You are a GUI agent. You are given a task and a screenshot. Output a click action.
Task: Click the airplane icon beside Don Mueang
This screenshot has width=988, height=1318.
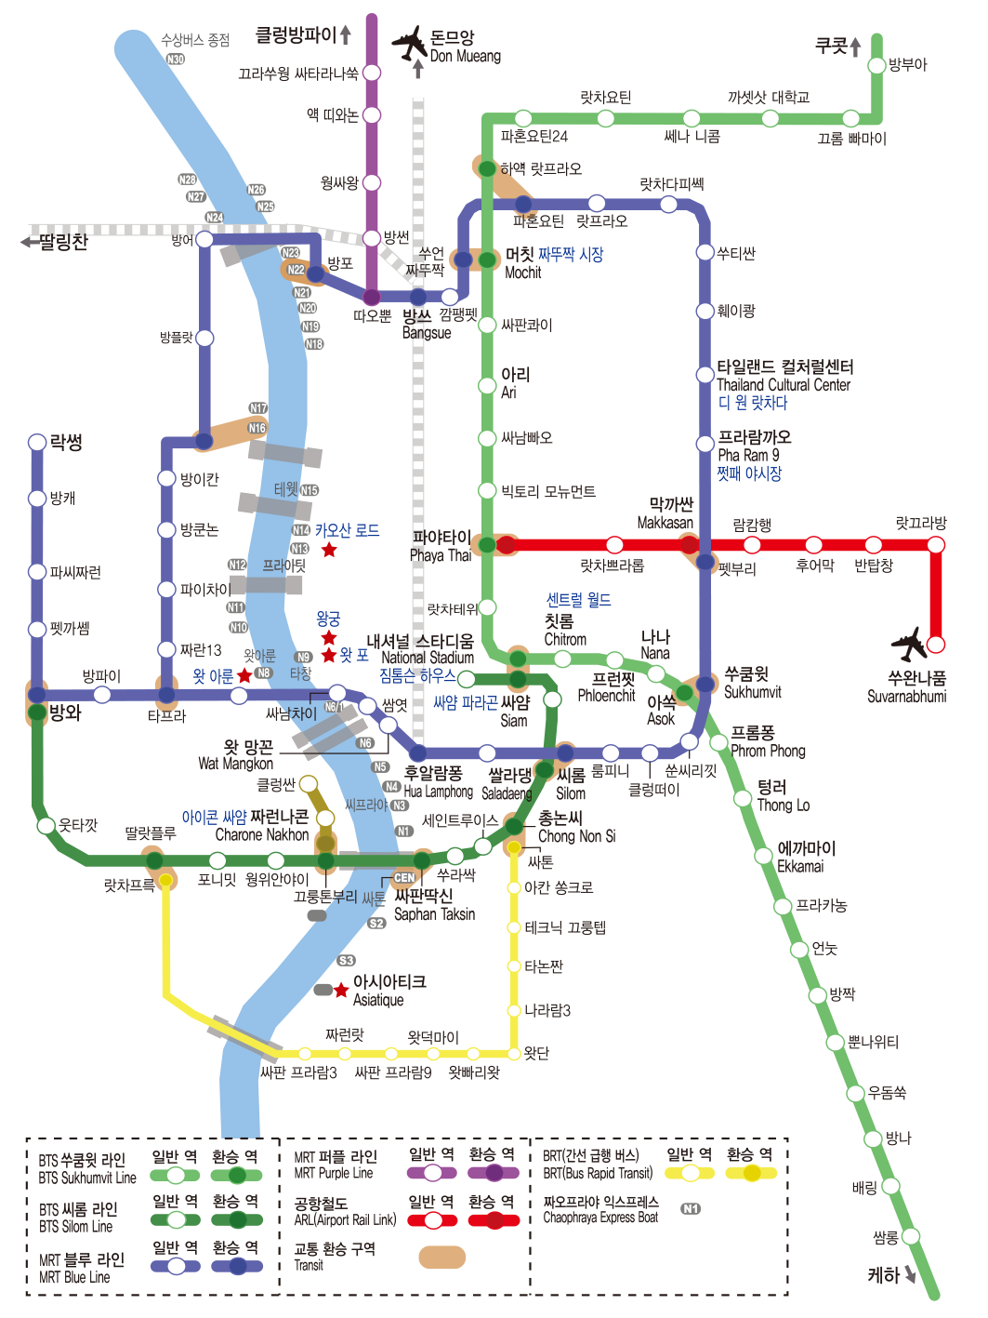click(409, 43)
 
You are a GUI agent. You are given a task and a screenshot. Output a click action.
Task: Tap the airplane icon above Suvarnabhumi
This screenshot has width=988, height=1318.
click(909, 644)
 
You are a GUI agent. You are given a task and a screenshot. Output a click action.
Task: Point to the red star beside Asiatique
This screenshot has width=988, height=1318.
click(341, 990)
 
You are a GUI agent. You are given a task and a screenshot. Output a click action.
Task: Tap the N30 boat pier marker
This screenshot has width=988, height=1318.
click(175, 59)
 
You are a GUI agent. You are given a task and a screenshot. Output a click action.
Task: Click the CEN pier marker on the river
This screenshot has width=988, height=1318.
click(404, 877)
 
